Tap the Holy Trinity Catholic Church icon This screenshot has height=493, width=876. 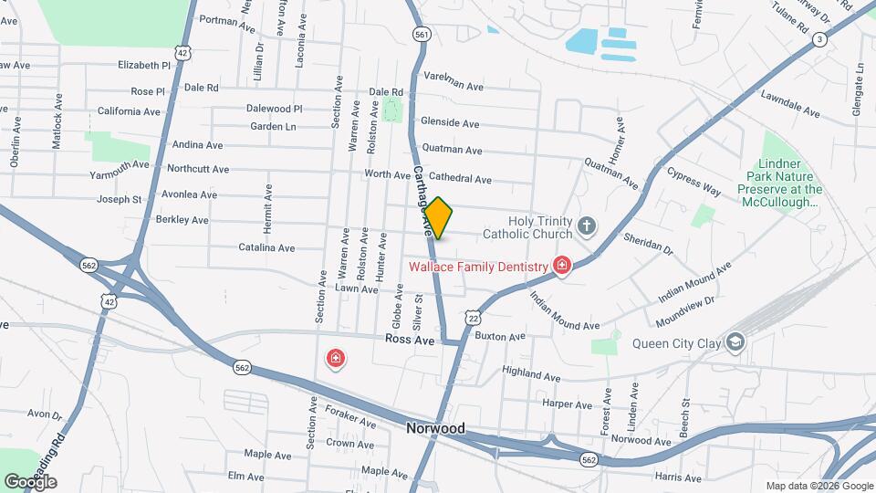tap(586, 225)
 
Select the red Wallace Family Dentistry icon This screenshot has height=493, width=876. tap(562, 266)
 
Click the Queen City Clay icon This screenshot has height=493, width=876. tap(735, 342)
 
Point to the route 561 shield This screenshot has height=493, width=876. tap(421, 34)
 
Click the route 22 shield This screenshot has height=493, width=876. tap(472, 316)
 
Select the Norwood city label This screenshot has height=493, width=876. tap(435, 428)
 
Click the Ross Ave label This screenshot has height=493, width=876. tap(409, 338)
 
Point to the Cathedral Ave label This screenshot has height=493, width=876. tap(460, 180)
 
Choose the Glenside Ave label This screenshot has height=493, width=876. tap(449, 122)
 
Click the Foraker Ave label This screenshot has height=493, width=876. tap(350, 423)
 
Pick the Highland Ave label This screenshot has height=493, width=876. tap(531, 375)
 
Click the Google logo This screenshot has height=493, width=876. tap(30, 481)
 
